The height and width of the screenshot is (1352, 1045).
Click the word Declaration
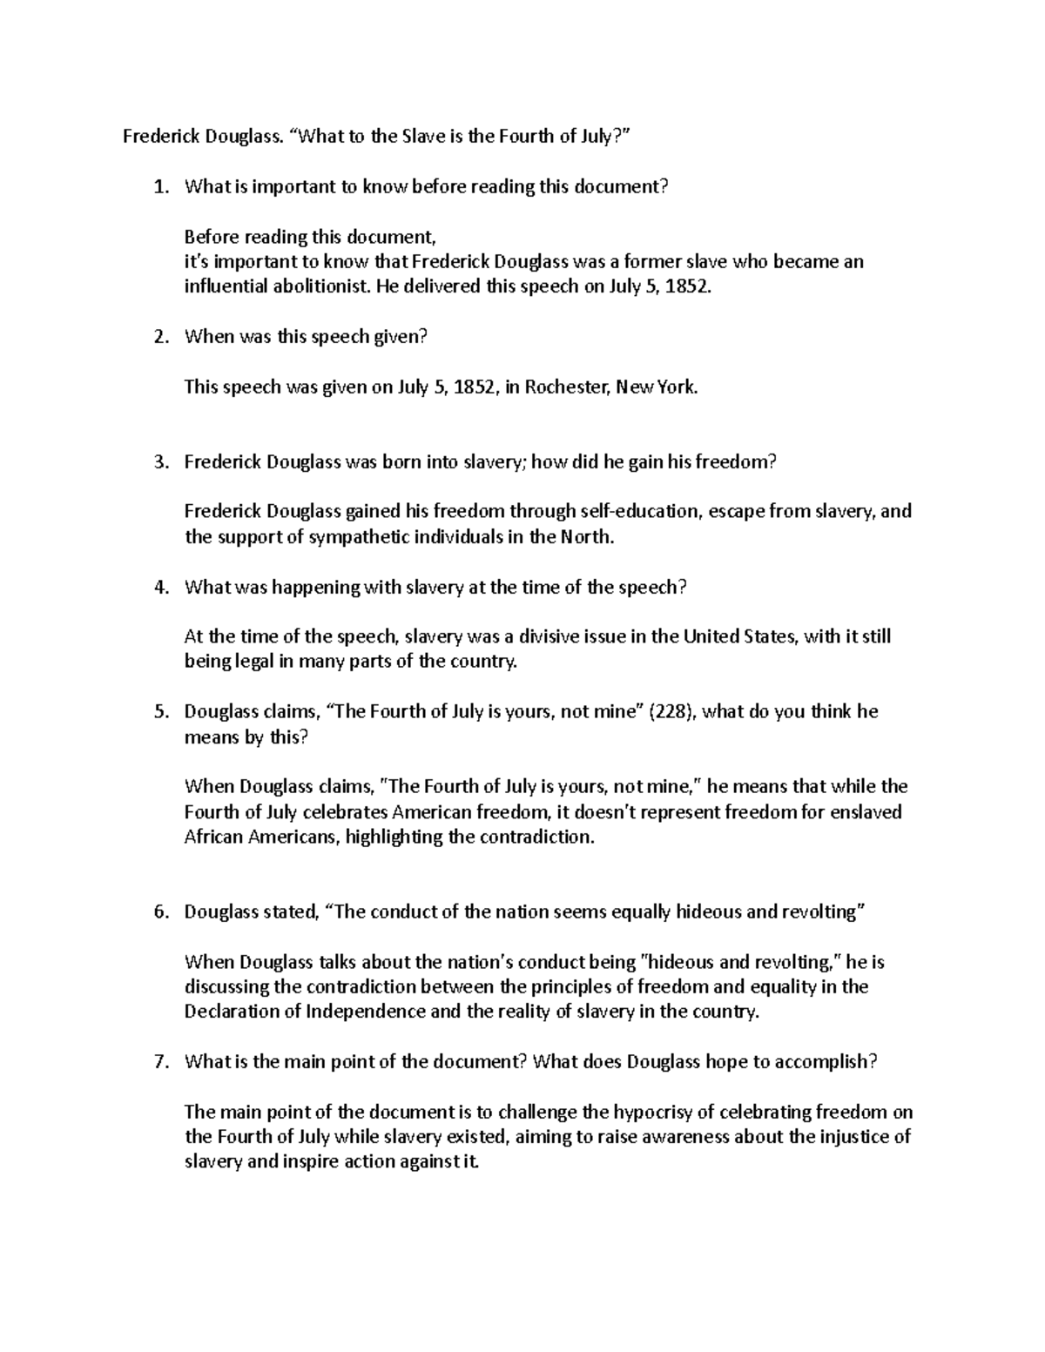(x=230, y=1012)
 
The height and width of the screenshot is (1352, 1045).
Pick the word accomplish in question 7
(x=825, y=1062)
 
